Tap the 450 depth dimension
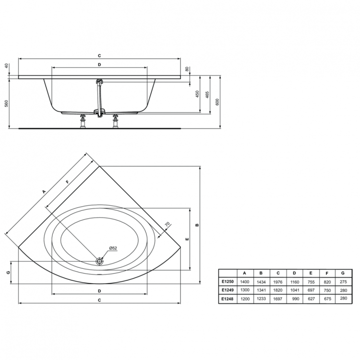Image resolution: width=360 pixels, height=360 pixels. point(197,94)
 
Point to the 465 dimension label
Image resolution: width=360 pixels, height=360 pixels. point(207,94)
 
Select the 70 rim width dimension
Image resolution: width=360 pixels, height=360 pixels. point(167,224)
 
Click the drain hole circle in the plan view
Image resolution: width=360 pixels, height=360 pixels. point(100,261)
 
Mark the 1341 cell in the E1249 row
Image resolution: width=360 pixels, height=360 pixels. point(261,290)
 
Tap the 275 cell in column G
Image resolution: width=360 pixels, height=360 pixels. point(343,282)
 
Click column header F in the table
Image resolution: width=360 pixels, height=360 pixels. point(326,273)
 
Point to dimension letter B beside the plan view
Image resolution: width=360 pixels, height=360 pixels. point(197,225)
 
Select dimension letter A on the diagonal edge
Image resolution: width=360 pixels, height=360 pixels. point(44,191)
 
